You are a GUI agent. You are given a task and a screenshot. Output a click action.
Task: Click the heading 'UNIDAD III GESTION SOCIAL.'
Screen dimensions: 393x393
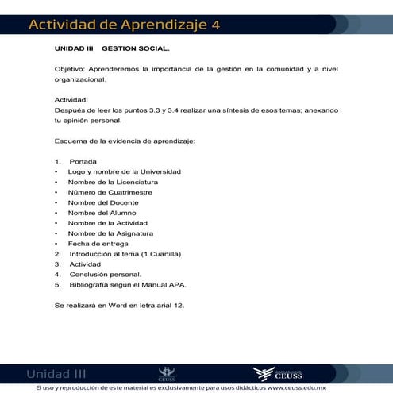(x=106, y=49)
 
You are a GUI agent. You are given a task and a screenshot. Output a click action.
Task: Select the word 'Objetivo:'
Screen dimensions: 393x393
(x=70, y=70)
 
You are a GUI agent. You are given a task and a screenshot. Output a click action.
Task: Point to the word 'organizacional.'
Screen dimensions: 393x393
(x=79, y=80)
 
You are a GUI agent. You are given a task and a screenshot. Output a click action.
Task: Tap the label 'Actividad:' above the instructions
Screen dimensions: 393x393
(x=71, y=101)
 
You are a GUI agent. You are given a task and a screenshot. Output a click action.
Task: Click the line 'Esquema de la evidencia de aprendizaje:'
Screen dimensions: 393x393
(x=125, y=141)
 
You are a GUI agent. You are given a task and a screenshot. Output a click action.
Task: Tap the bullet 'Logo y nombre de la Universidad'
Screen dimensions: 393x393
(x=124, y=172)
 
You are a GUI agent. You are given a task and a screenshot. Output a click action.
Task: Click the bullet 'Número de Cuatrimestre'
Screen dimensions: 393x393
(x=110, y=193)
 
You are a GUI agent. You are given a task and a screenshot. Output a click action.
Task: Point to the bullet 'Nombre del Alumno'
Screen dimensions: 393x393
(x=102, y=214)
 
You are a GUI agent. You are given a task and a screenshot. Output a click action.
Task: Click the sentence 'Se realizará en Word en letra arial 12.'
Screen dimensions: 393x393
(x=119, y=305)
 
